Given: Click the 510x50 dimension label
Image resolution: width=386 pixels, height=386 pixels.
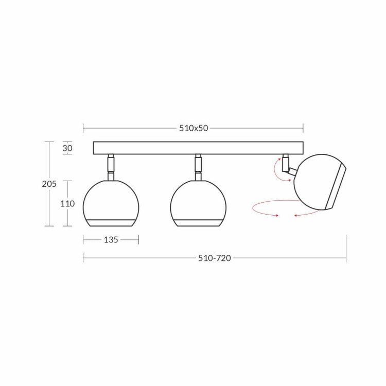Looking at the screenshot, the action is click(x=194, y=128).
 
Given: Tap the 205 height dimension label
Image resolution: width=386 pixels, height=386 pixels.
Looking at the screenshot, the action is click(x=49, y=184).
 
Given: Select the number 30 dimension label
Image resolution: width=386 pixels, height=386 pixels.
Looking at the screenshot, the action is click(x=67, y=148).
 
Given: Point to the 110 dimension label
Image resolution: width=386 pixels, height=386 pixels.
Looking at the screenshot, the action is click(x=67, y=204).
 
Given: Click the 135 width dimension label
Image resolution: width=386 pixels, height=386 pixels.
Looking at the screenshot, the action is click(x=111, y=240).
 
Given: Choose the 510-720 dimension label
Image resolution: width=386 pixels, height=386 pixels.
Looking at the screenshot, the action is click(x=215, y=258).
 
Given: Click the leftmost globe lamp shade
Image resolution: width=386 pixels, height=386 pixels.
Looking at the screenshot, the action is click(x=111, y=203).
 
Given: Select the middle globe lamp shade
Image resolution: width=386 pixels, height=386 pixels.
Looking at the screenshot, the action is click(x=198, y=203).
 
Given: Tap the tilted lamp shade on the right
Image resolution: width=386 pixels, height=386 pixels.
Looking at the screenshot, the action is click(x=320, y=182).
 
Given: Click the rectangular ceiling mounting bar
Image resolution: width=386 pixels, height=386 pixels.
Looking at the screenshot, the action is click(x=198, y=148).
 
